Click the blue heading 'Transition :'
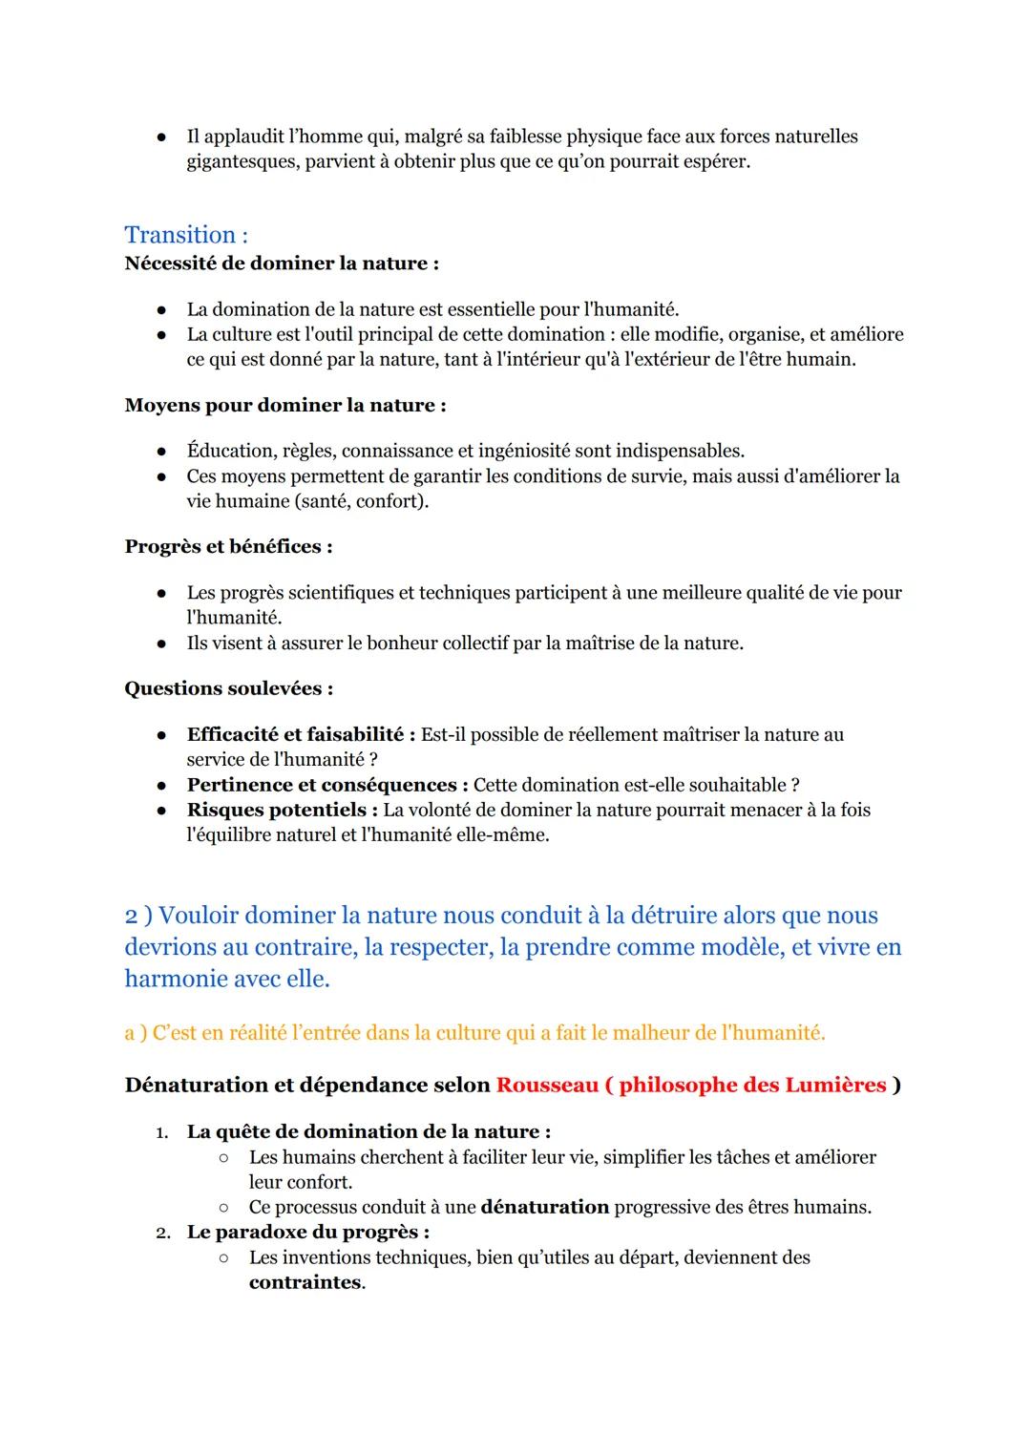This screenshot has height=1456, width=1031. click(x=186, y=235)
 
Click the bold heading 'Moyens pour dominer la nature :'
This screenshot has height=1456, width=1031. click(x=285, y=405)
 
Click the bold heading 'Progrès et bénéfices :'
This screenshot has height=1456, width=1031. click(x=228, y=546)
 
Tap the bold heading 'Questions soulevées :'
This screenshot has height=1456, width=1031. click(x=229, y=688)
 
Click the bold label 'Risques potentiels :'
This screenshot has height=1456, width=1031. click(x=282, y=810)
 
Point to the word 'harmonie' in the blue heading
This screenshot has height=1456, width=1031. click(x=172, y=979)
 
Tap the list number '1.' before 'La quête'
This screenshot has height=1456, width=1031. click(x=162, y=1132)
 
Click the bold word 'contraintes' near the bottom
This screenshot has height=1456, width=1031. click(x=305, y=1282)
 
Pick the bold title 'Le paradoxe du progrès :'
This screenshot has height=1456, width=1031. click(x=307, y=1232)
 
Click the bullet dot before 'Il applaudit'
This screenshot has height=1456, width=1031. click(x=163, y=137)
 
